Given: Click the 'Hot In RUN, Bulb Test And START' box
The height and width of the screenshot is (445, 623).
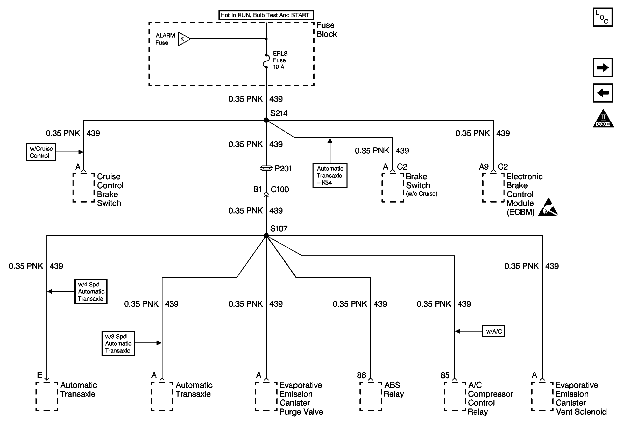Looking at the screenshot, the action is click(266, 15).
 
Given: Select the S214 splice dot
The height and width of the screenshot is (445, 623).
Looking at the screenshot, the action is click(266, 120).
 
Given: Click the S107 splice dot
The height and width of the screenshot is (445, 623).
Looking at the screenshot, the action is click(266, 235).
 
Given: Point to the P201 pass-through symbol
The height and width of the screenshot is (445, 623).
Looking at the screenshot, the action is click(266, 168).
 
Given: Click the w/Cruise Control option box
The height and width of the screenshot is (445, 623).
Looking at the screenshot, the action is click(41, 152).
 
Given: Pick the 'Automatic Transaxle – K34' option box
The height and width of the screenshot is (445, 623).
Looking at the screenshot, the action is click(330, 175).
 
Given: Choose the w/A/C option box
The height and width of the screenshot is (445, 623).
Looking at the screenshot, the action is click(494, 331).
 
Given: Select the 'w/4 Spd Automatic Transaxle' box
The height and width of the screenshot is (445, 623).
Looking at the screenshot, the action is click(91, 292).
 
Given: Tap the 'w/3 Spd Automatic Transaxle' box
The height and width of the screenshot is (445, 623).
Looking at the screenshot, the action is click(118, 343).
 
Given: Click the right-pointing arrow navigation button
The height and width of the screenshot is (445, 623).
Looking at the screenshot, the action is click(603, 67).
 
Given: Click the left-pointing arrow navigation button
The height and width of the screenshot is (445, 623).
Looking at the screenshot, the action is click(603, 93).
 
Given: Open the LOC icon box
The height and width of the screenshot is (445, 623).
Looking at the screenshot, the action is click(603, 17).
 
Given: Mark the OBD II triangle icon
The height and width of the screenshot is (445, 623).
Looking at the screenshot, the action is click(603, 118).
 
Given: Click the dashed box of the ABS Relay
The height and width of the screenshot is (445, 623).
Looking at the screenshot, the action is click(371, 396).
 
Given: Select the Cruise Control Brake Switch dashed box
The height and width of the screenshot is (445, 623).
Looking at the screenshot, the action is click(84, 188).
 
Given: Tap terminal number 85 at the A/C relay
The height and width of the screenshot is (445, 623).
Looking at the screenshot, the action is click(445, 375).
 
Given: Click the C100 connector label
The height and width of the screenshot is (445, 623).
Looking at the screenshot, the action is click(280, 189).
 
